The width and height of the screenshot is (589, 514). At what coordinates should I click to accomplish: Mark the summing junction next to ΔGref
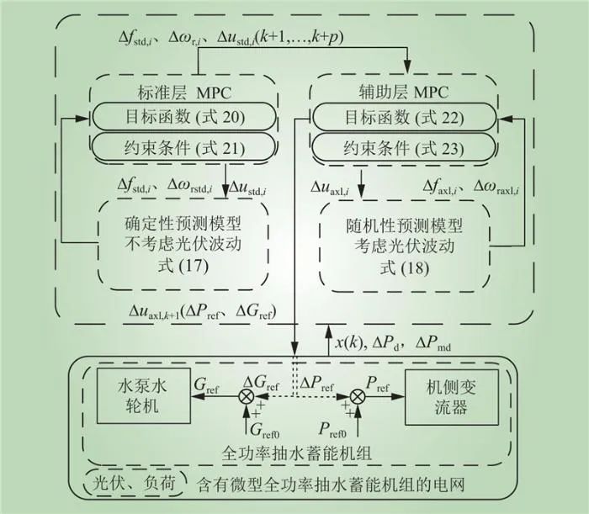click(247, 393)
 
